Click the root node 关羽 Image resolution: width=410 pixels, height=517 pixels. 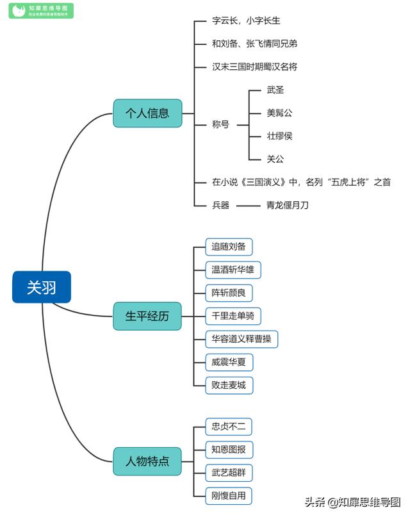click(41, 287)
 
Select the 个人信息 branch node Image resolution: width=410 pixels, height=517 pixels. click(147, 113)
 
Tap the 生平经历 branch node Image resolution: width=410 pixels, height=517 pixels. click(147, 316)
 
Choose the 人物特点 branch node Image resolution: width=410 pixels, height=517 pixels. click(147, 461)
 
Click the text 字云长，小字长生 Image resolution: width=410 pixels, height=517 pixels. click(246, 21)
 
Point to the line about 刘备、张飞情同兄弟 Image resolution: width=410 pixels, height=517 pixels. click(254, 44)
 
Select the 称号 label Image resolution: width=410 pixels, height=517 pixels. click(220, 124)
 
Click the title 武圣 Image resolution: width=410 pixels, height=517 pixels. click(275, 90)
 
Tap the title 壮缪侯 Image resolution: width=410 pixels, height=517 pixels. click(279, 136)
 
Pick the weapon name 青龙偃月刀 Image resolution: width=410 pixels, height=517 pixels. click(287, 205)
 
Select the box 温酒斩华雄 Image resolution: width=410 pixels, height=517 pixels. click(233, 269)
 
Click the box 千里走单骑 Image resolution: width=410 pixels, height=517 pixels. click(233, 316)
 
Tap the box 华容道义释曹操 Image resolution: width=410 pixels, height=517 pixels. click(242, 339)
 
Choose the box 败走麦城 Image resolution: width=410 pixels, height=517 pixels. click(229, 385)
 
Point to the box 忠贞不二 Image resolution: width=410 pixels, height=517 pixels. click(229, 426)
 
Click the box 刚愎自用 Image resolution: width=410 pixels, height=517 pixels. click(229, 495)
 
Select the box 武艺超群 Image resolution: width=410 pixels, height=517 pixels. click(229, 472)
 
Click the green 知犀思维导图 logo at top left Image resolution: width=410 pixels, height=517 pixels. click(41, 11)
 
